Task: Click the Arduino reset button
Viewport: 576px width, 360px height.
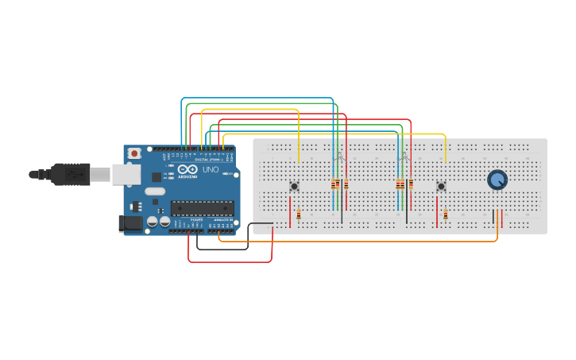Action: point(135,153)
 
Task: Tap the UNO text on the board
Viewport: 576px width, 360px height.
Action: point(211,170)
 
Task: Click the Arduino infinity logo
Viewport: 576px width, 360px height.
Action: point(187,170)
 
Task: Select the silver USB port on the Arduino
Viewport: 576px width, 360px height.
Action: point(123,174)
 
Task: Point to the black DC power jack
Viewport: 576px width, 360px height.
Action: point(130,224)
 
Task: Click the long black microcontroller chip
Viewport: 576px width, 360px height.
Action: point(203,208)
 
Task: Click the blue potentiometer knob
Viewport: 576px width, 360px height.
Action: point(497,180)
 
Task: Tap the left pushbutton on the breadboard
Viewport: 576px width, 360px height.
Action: point(294,187)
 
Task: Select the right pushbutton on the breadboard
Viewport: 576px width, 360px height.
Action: point(441,187)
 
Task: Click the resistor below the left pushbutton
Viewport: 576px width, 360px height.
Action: point(299,215)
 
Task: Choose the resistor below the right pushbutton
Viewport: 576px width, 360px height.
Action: point(446,215)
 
